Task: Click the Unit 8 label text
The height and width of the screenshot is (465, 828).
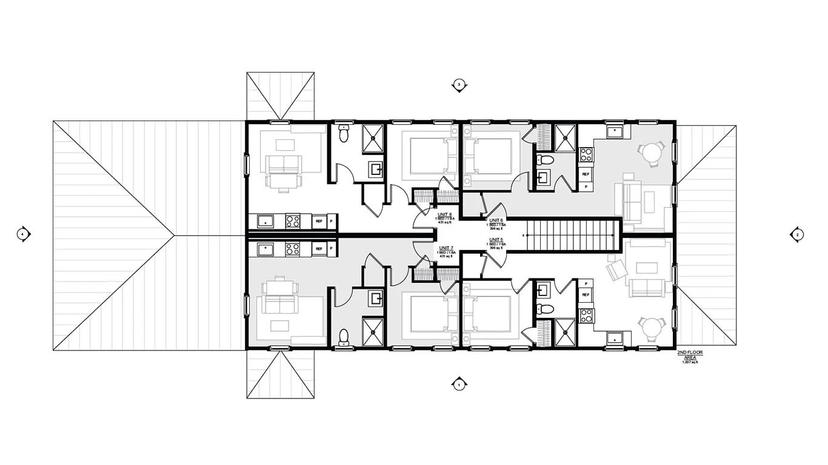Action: click(x=445, y=215)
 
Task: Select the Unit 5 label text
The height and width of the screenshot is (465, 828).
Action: click(x=496, y=240)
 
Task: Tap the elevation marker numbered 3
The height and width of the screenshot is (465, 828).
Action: click(x=459, y=84)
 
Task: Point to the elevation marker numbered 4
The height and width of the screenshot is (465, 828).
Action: click(x=23, y=233)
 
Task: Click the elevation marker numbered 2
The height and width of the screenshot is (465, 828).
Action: click(x=797, y=234)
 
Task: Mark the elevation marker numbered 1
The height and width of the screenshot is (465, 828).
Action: click(x=459, y=384)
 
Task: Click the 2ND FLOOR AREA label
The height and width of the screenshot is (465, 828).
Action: click(x=690, y=357)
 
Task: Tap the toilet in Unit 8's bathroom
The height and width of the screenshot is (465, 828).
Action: click(x=344, y=134)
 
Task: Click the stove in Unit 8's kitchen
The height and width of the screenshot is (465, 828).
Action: click(x=293, y=221)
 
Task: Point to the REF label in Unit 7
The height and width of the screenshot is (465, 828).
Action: click(x=319, y=248)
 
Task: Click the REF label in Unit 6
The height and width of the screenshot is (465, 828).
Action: click(x=585, y=174)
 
